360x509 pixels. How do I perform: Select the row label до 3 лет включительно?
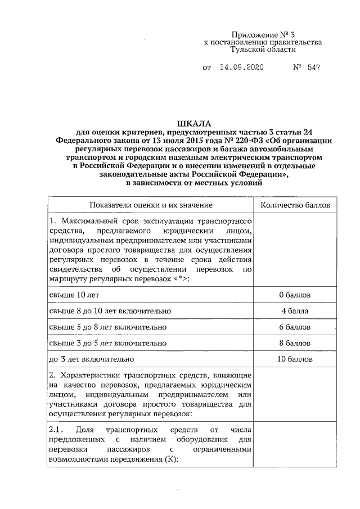pyautogui.click(x=92, y=359)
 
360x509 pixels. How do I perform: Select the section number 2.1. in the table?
pyautogui.click(x=58, y=430)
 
